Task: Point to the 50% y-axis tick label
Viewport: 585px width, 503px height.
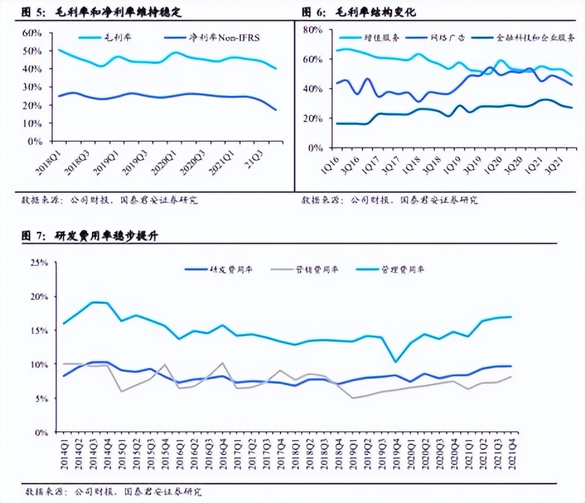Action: coord(32,50)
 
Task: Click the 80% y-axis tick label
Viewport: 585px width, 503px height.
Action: coord(313,30)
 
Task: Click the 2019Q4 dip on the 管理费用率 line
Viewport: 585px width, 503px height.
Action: coord(395,362)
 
